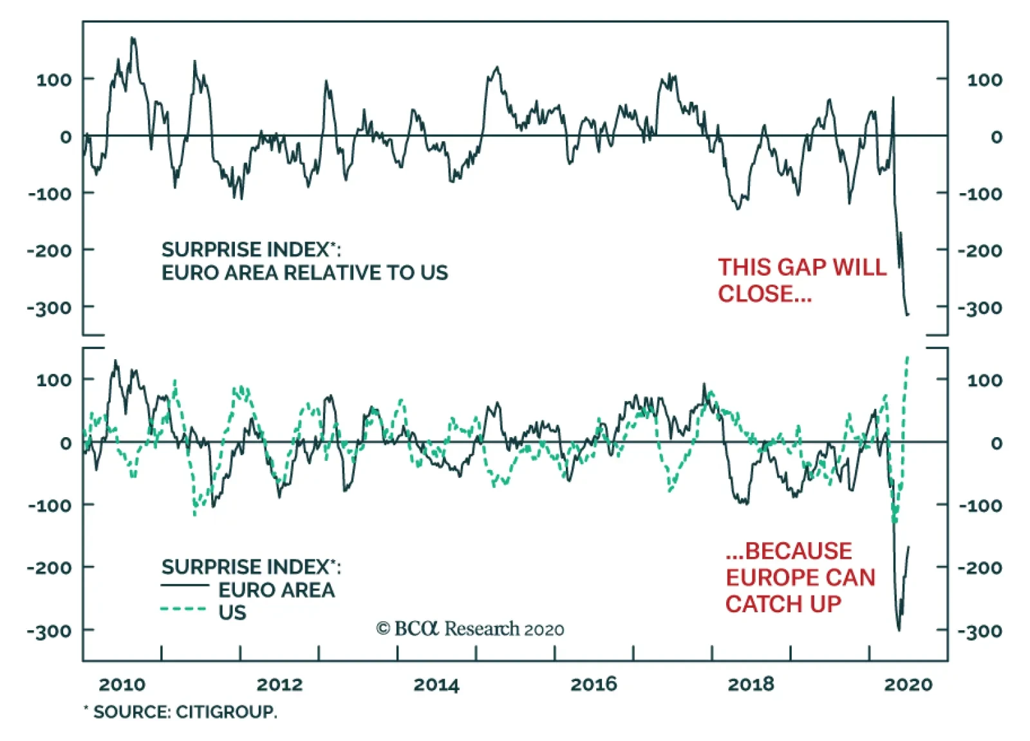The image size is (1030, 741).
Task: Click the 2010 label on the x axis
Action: click(122, 684)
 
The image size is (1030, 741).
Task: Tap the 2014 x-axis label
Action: click(436, 684)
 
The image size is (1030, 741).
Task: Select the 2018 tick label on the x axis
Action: click(751, 684)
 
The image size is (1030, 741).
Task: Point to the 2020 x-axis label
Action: click(908, 684)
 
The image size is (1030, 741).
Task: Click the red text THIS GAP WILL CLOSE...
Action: click(801, 280)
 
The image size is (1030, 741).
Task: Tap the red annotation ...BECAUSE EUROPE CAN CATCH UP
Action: click(800, 577)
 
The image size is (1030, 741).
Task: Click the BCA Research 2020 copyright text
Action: click(470, 628)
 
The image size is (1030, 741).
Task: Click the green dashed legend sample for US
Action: click(183, 609)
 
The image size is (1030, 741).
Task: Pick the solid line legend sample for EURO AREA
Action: click(185, 585)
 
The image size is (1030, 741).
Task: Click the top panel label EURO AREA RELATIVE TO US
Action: click(304, 273)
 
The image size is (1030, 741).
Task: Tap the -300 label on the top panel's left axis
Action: click(50, 308)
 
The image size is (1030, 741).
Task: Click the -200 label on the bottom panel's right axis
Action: click(980, 568)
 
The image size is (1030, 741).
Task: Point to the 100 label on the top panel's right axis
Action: click(984, 80)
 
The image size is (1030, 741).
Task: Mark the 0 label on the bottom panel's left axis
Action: click(66, 443)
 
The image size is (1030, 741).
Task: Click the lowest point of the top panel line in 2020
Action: click(908, 315)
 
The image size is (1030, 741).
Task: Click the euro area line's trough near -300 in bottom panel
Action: click(899, 630)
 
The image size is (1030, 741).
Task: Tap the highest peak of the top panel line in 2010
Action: click(133, 39)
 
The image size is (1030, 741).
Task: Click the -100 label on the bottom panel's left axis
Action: click(50, 505)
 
